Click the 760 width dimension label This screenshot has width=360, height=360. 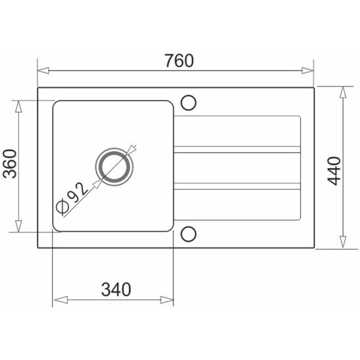click(x=179, y=61)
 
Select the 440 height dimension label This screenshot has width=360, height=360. click(x=334, y=171)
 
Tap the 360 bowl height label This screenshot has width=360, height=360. click(x=10, y=165)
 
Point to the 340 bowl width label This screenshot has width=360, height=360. click(x=116, y=288)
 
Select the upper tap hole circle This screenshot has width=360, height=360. click(x=189, y=102)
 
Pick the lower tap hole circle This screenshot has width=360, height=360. click(x=189, y=233)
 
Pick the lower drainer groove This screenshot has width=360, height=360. click(x=236, y=185)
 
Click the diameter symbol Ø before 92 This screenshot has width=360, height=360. click(x=63, y=208)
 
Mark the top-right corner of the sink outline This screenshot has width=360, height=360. click(x=314, y=87)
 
